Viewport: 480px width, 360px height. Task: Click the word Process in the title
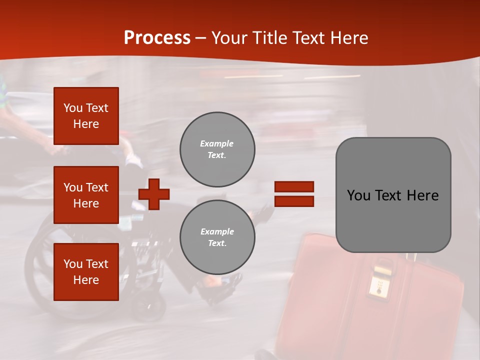[157, 38]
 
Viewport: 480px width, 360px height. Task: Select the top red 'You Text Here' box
[86, 116]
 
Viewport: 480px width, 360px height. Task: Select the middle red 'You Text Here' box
[86, 195]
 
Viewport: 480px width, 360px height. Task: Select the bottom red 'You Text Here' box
[86, 272]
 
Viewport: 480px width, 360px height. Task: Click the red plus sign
[154, 194]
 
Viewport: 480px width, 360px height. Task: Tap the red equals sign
[294, 194]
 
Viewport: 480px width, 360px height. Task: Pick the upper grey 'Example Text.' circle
[217, 149]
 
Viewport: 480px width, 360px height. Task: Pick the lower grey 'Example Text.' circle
[217, 237]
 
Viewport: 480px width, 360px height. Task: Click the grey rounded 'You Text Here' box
[393, 195]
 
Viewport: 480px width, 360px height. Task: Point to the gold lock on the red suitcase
[379, 282]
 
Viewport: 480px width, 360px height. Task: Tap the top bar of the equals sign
[294, 187]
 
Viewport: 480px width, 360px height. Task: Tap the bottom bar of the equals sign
[294, 201]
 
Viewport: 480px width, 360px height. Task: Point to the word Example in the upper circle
[217, 144]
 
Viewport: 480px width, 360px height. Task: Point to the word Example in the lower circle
[217, 232]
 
